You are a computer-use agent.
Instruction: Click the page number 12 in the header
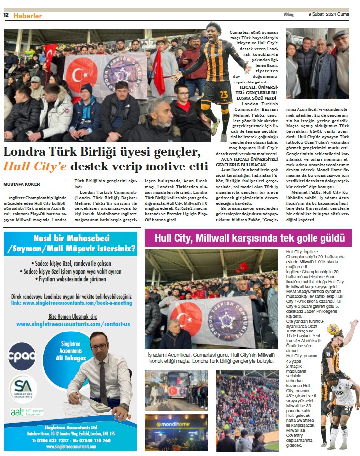point(6,15)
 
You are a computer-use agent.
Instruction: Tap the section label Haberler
point(27,16)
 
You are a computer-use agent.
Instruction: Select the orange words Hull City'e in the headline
point(36,166)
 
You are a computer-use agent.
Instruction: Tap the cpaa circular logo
point(22,356)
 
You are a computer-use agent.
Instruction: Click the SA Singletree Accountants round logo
point(23,389)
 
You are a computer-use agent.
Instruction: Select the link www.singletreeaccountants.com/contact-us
point(73,324)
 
